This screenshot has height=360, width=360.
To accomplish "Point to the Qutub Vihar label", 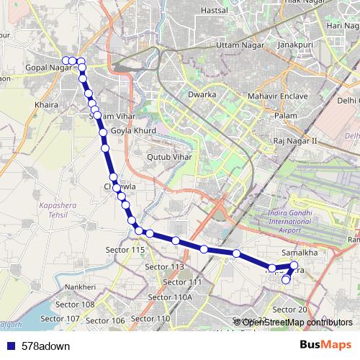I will coord(167,155).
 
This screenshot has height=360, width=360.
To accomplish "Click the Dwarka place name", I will coord(202,94).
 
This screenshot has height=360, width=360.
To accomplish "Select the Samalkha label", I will coord(300,253).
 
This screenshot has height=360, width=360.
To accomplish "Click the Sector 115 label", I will coord(129,248).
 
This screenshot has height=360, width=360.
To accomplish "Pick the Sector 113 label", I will coord(165,266).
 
